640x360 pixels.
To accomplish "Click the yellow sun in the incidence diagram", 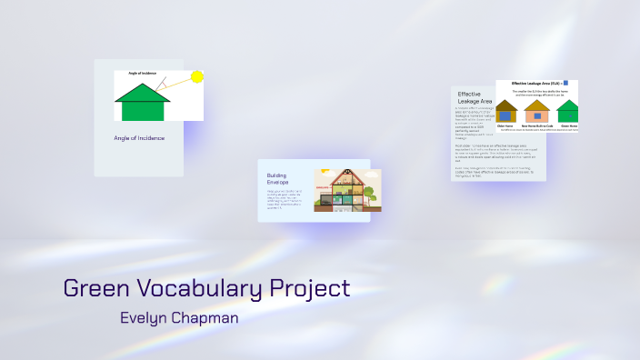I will (x=196, y=77).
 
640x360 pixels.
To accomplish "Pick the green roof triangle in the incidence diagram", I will (x=143, y=93).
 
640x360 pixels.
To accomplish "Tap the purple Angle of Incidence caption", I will (x=138, y=138).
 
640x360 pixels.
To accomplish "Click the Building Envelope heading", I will (x=284, y=178).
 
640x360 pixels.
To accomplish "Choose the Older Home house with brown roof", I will (x=506, y=111).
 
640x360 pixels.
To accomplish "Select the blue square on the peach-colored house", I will (x=538, y=116).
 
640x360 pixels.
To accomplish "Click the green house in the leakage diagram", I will (x=569, y=112).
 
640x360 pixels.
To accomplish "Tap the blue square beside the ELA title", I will (x=565, y=82).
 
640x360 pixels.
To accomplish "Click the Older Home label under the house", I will (x=506, y=126).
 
